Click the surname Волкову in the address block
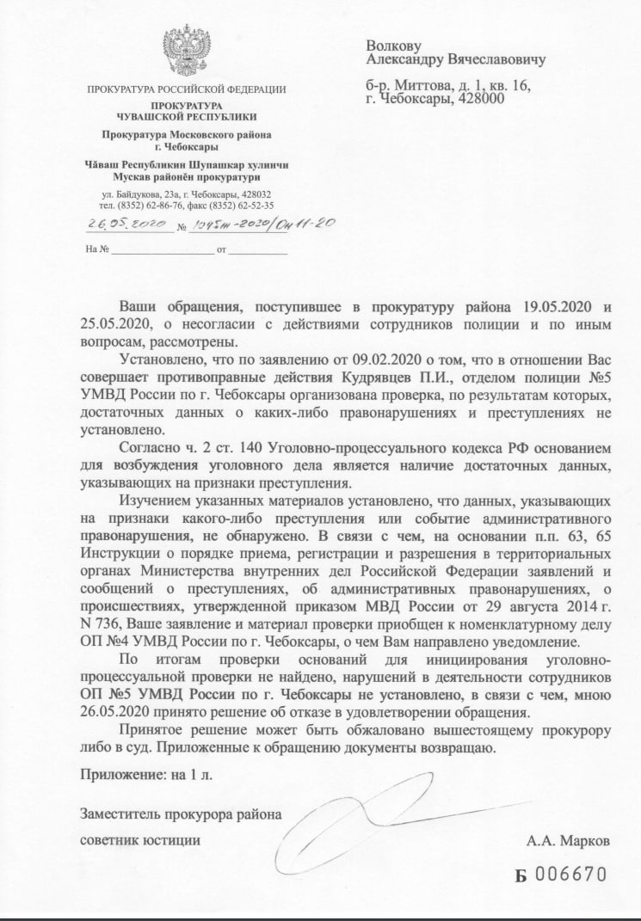(x=394, y=44)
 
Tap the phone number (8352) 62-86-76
(x=161, y=206)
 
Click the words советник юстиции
(x=141, y=839)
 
